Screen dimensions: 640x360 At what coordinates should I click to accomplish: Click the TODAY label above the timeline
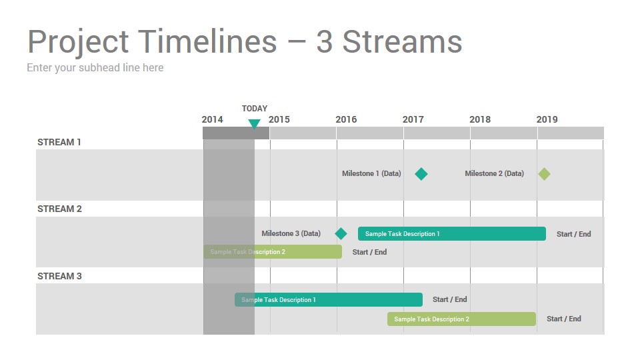coord(254,109)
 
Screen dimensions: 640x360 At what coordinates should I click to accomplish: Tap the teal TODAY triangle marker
coord(254,124)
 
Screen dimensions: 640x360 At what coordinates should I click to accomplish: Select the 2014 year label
coord(212,119)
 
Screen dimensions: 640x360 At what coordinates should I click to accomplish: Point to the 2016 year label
coord(346,119)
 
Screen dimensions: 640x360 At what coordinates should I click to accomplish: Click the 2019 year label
coord(547,119)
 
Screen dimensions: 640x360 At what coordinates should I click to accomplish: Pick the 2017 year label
coord(413,119)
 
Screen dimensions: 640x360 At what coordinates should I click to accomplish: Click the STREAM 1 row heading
coord(59,142)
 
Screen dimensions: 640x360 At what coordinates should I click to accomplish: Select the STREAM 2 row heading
coord(59,209)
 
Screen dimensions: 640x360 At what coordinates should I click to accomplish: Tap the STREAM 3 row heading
coord(59,276)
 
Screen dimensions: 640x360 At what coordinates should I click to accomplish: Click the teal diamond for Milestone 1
coord(421,174)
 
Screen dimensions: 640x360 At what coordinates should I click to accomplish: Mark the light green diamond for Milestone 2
coord(544,174)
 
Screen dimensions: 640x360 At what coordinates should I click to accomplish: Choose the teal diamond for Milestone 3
coord(341,234)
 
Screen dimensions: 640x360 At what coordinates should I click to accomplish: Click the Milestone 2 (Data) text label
coord(494,173)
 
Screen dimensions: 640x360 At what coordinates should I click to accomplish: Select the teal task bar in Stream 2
coord(452,234)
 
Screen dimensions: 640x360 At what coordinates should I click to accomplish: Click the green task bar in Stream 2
coord(273,252)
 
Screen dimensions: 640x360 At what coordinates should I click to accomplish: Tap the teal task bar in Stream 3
coord(329,299)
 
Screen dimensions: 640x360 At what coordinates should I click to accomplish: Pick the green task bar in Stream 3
coord(461,319)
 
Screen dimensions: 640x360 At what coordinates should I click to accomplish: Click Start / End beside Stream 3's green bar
coord(564,319)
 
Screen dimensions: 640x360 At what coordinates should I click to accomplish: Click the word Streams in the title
coord(402,41)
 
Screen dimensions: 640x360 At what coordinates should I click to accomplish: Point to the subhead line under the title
coord(95,68)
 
